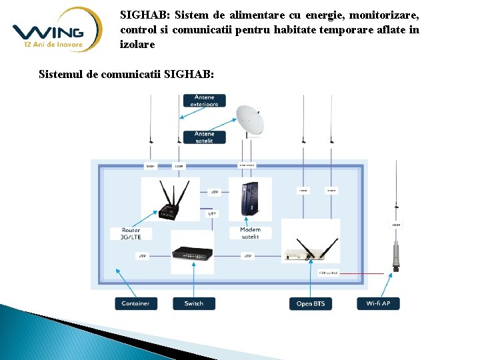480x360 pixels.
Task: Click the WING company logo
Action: coord(57,30)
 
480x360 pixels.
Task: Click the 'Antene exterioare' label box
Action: coord(204,101)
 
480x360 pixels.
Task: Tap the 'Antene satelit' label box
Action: coord(204,137)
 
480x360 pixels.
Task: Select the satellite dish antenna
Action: coord(250,121)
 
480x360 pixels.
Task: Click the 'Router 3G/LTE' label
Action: coord(131,233)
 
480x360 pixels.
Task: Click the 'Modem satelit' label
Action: coord(250,233)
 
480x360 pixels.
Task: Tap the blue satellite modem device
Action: coord(250,199)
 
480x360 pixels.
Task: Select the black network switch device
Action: coord(193,253)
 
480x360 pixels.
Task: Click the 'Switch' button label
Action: coord(194,303)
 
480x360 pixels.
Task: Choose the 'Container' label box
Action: coord(136,303)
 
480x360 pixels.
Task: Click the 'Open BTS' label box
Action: coord(311,303)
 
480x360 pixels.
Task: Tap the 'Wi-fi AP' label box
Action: coord(378,303)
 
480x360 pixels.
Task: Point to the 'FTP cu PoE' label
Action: coord(328,273)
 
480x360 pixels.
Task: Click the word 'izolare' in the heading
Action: coord(137,45)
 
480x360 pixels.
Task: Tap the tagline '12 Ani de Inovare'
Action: coord(53,45)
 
